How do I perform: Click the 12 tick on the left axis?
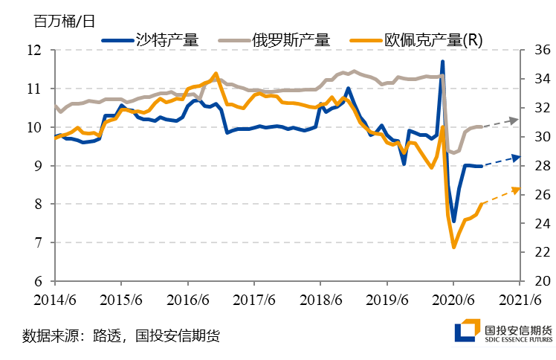click(33, 51)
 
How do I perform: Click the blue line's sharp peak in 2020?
click(442, 62)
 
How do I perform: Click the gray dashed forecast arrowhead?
click(517, 119)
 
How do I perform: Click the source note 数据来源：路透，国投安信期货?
click(122, 334)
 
